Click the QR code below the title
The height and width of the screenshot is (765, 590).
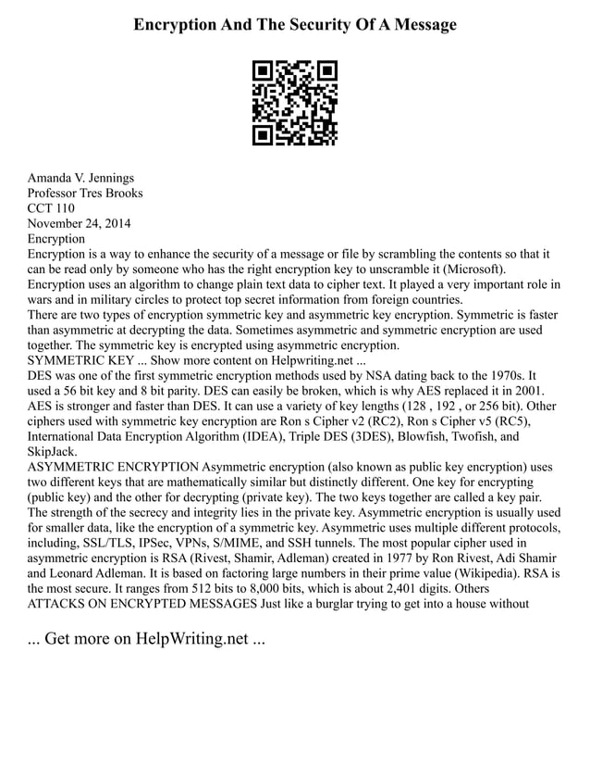click(295, 104)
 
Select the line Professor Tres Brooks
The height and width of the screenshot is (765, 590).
click(85, 194)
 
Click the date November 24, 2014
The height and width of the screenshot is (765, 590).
click(80, 224)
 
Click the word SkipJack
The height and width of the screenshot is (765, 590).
click(52, 451)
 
